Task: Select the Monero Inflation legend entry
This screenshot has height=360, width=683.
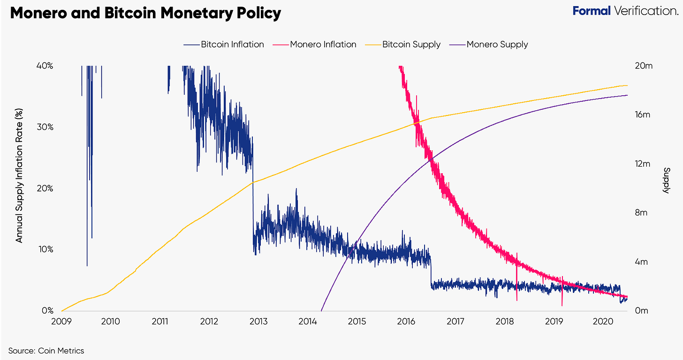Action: (x=318, y=45)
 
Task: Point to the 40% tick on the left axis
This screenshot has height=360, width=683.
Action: (x=45, y=66)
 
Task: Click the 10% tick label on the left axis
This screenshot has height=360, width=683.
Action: (x=45, y=249)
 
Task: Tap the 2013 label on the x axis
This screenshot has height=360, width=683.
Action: (x=258, y=322)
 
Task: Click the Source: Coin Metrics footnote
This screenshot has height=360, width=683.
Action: (x=46, y=350)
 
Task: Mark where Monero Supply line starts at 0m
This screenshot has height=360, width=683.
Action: (x=321, y=311)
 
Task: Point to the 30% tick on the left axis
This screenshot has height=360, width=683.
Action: (x=45, y=127)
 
